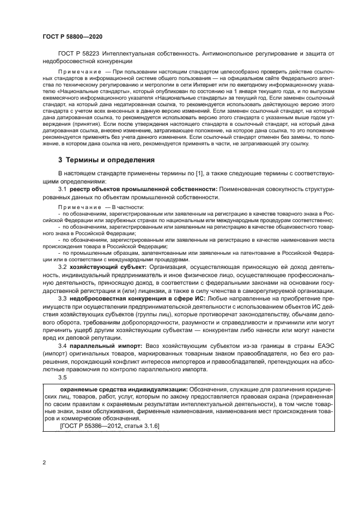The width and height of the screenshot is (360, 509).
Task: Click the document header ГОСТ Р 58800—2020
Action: [72, 36]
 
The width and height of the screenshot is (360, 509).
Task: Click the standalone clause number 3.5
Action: [62, 377]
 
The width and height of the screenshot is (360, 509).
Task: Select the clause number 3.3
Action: [62, 299]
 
